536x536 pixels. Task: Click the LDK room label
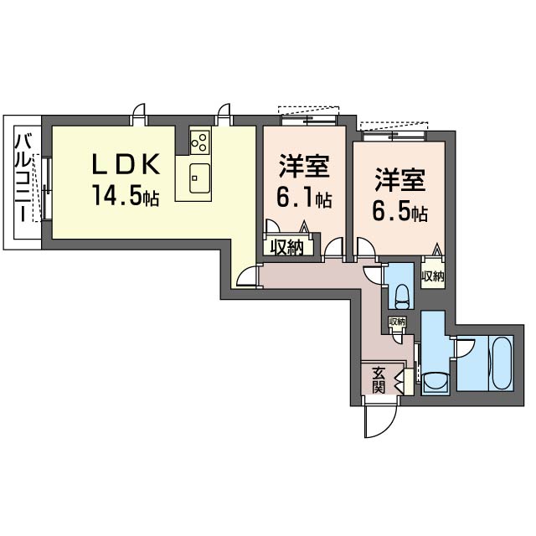[126, 165]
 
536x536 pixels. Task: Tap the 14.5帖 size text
[126, 196]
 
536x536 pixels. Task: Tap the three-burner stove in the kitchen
[200, 142]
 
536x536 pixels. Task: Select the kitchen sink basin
[200, 178]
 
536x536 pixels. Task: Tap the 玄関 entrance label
[379, 380]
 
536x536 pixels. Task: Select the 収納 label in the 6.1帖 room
[287, 247]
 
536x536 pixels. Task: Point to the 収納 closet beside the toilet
[433, 276]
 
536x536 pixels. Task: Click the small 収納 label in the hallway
[397, 322]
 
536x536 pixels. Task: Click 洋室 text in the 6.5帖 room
[400, 180]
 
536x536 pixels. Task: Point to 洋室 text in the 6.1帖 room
[304, 166]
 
